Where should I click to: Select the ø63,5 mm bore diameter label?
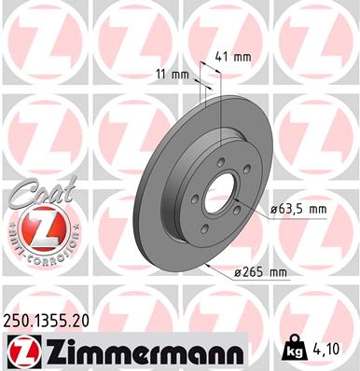[x=298, y=209]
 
